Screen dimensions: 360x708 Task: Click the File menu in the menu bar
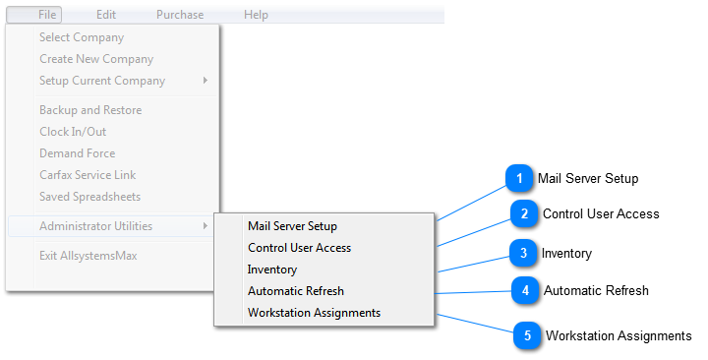coord(47,15)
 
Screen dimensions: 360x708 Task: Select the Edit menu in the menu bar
coord(106,15)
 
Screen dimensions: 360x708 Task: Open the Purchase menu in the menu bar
coord(180,15)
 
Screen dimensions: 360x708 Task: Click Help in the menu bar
coord(256,15)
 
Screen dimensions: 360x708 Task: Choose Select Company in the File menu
coord(82,37)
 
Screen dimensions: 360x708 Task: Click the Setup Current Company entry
coord(102,81)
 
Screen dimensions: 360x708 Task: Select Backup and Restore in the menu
coord(90,110)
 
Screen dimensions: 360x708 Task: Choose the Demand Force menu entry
coord(77,153)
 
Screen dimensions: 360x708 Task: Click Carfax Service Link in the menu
coord(88,175)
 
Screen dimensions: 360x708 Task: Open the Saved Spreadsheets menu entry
coord(89,197)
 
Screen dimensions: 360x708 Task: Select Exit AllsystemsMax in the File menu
coord(88,256)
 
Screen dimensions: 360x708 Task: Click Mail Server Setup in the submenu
coord(292,226)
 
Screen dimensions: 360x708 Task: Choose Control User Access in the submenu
coord(299,248)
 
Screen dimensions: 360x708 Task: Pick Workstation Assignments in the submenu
coord(314,313)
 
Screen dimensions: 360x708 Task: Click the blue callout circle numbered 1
coord(518,179)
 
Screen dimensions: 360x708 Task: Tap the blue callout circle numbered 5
coord(527,335)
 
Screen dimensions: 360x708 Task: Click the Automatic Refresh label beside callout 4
coord(596,290)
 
